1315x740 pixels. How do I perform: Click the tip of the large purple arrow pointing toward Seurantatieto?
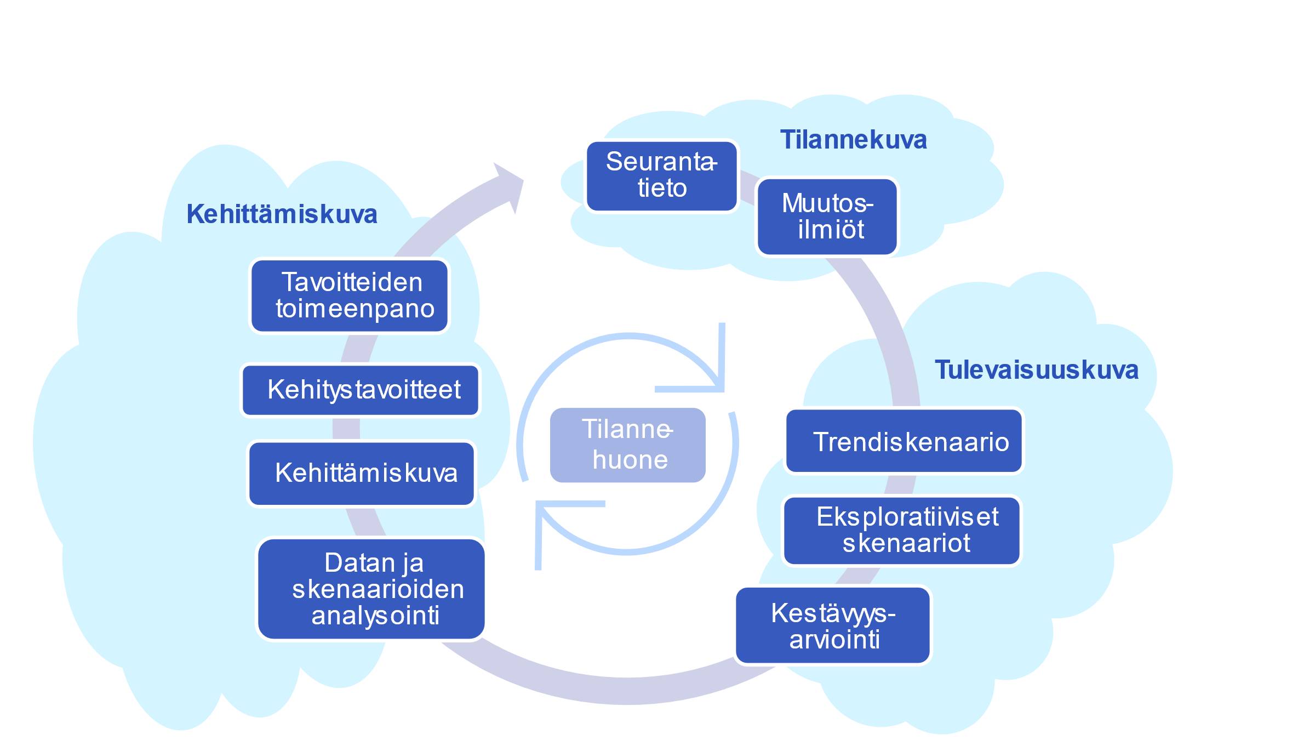pyautogui.click(x=523, y=180)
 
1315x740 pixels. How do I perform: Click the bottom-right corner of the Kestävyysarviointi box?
pyautogui.click(x=929, y=662)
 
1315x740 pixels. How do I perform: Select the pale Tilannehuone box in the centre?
pyautogui.click(x=628, y=445)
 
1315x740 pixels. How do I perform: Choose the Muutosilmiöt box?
pyautogui.click(x=827, y=217)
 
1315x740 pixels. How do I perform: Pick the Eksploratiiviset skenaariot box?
pyautogui.click(x=902, y=531)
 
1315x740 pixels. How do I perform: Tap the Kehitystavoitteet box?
pyautogui.click(x=361, y=390)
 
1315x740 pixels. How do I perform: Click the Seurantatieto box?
pyautogui.click(x=662, y=176)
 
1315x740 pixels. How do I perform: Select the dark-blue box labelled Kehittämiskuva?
pyautogui.click(x=362, y=474)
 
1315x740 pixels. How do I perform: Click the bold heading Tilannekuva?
pyautogui.click(x=853, y=140)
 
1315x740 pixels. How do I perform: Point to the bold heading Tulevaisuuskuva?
pyautogui.click(x=1036, y=369)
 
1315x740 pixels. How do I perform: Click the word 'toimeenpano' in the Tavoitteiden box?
pyautogui.click(x=355, y=309)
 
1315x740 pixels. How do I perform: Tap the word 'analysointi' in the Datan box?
pyautogui.click(x=375, y=616)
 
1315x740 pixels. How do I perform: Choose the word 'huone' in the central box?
pyautogui.click(x=630, y=459)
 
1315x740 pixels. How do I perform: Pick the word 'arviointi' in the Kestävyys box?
pyautogui.click(x=834, y=639)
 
